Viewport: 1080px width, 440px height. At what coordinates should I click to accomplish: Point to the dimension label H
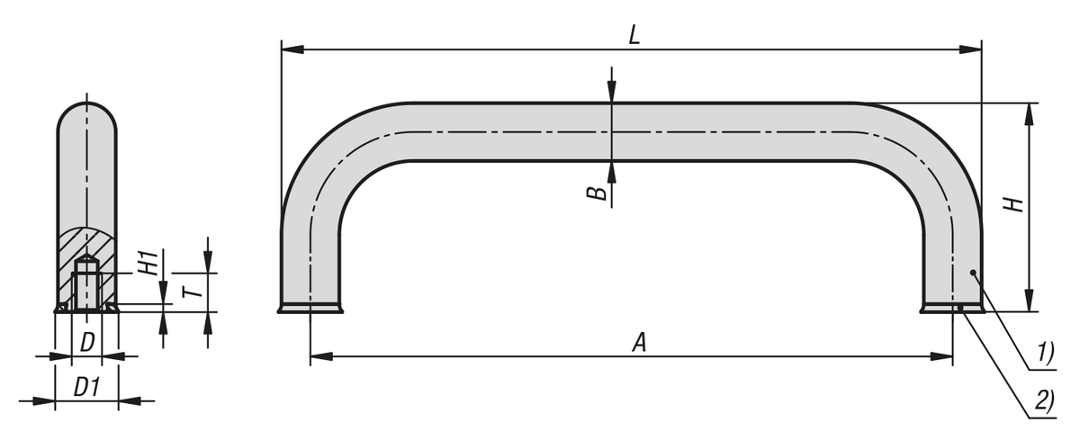tap(1016, 205)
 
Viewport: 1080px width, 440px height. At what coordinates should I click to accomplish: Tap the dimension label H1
tap(148, 263)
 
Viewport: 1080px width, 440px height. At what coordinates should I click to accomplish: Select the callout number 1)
tap(1042, 353)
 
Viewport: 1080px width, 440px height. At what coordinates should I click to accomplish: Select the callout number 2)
tap(1042, 401)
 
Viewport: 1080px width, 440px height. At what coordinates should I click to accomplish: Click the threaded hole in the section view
tap(85, 286)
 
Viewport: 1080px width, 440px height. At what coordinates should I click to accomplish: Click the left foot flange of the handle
tap(310, 310)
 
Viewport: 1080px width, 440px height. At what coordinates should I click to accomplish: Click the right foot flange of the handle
tap(952, 310)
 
